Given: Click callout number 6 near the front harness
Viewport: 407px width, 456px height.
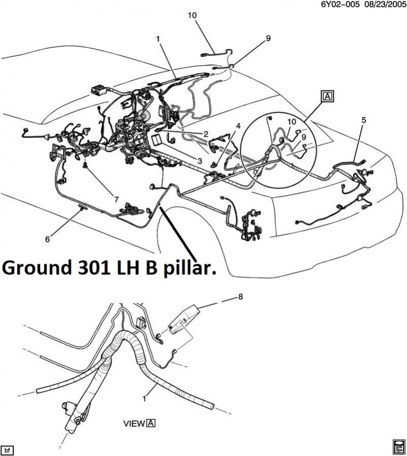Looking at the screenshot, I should [48, 239].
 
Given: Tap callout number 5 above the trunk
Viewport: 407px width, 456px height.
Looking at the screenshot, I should [363, 120].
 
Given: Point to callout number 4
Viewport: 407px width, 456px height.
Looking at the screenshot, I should [237, 125].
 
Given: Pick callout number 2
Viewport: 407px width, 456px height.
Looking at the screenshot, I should [206, 134].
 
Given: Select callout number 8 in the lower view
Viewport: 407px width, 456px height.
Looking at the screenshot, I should [240, 299].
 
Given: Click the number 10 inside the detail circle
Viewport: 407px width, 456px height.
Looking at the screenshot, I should [291, 122].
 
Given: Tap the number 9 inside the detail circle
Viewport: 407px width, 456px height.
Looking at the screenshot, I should [303, 137].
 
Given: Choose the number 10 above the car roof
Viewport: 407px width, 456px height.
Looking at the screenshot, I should [192, 15].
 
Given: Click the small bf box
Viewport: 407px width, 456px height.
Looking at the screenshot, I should [7, 449].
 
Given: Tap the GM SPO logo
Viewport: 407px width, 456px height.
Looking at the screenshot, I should [399, 446].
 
